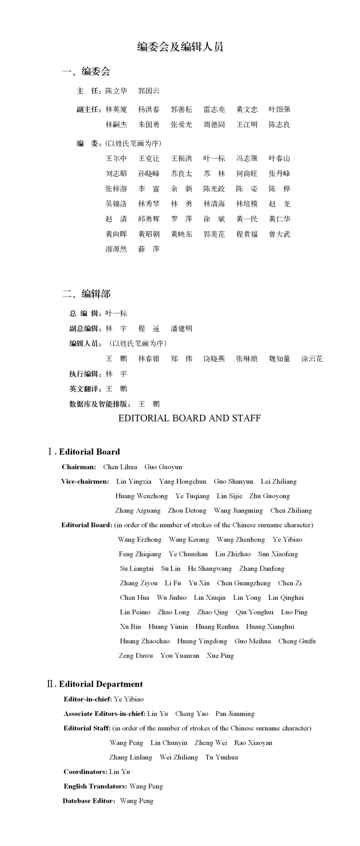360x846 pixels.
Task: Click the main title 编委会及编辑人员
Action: point(180,47)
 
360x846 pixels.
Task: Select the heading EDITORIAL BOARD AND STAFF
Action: point(189,418)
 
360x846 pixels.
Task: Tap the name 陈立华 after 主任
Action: point(116,91)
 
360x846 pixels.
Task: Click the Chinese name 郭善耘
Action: point(181,109)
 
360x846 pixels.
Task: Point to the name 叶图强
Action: point(279,109)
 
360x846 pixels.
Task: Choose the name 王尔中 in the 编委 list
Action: point(116,158)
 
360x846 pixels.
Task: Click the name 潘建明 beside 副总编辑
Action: point(181,328)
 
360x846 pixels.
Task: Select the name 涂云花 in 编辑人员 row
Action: point(312,359)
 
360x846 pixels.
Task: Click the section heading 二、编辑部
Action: point(86,294)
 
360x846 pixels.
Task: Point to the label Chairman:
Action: point(79,467)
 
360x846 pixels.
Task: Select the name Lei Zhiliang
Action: point(279,481)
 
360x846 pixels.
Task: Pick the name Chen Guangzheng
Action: point(243,583)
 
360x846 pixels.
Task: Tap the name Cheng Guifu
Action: point(297,641)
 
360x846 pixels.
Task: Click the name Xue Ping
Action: point(220,656)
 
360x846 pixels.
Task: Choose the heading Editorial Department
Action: point(101,684)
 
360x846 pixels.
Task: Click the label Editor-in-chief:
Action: point(88,699)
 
